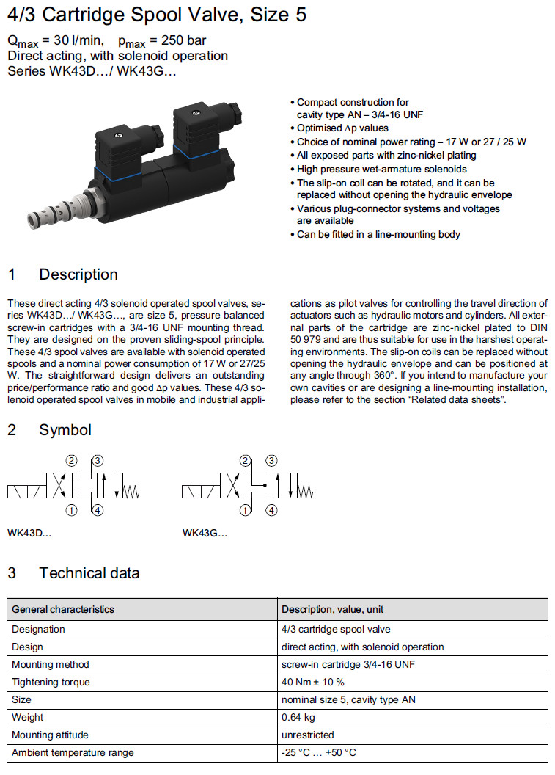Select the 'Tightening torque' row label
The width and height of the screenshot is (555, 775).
click(x=51, y=682)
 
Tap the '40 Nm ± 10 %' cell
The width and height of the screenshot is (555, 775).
click(x=313, y=682)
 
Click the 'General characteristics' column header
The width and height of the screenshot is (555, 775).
click(x=63, y=609)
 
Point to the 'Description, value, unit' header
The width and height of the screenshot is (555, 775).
click(x=332, y=609)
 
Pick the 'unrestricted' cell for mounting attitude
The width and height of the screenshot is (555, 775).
click(x=307, y=735)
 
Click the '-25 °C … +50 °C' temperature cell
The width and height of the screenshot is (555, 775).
click(x=319, y=752)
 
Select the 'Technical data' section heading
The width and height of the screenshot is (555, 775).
click(x=89, y=573)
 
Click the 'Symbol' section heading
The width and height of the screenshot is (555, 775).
click(x=65, y=430)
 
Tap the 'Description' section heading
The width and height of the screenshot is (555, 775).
click(x=78, y=274)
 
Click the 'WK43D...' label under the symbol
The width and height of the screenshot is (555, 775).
click(x=29, y=534)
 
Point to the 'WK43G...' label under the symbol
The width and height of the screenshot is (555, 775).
click(x=205, y=534)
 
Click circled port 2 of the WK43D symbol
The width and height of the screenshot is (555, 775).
click(x=72, y=461)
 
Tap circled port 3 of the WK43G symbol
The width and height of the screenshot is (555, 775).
click(x=271, y=461)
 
